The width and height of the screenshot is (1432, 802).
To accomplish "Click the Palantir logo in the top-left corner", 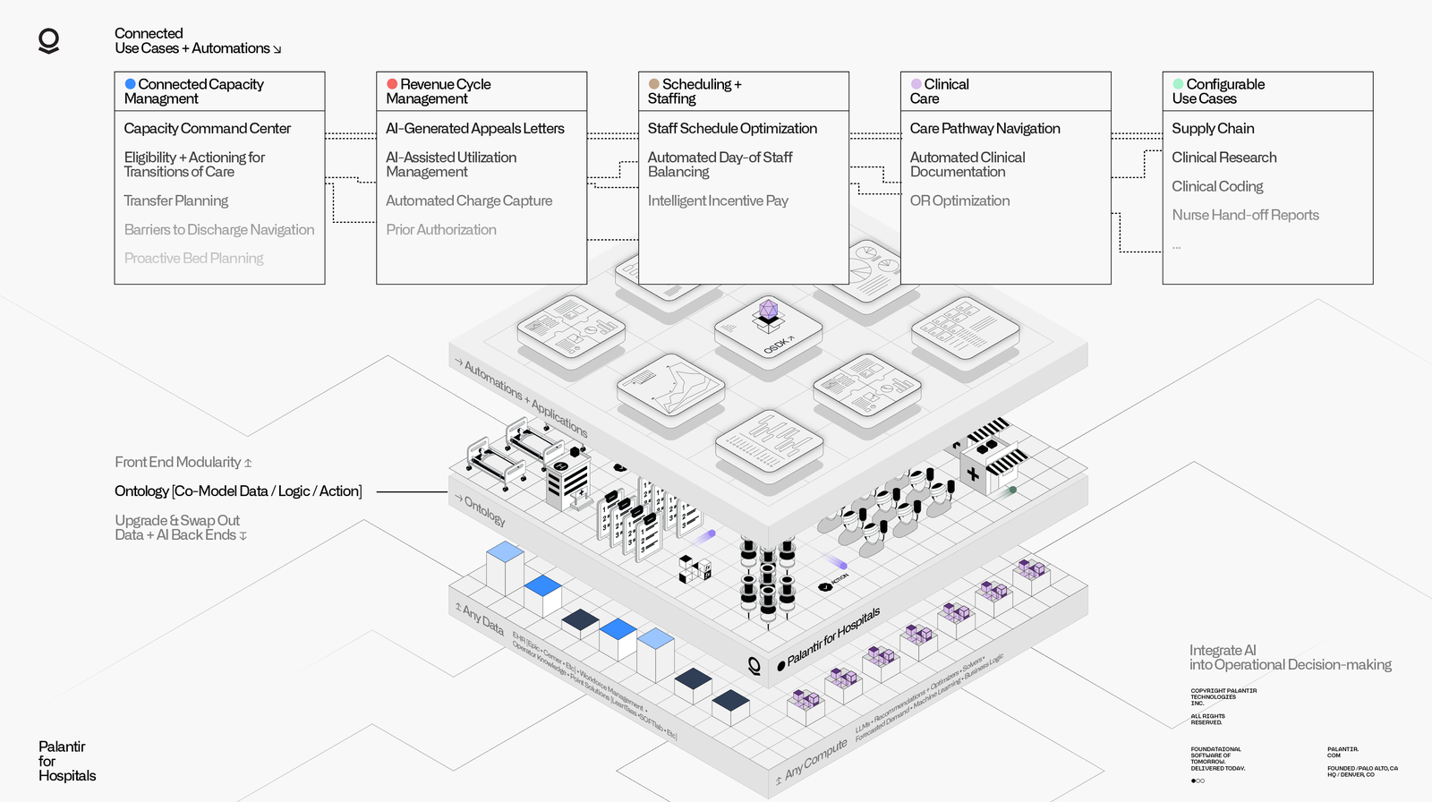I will (49, 41).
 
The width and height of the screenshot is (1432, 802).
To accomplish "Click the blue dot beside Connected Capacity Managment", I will (130, 84).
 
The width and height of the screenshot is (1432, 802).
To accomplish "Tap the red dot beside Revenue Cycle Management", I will (392, 84).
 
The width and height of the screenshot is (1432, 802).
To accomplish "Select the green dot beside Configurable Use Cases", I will (1178, 84).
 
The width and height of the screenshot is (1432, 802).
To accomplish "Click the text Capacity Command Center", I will (207, 129).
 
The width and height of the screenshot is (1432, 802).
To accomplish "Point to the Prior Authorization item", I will (440, 230).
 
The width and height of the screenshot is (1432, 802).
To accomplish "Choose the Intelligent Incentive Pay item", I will (718, 201).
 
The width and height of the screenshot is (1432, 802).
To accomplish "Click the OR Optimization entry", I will (959, 201).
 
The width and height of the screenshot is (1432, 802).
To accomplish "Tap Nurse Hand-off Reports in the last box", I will (1245, 216).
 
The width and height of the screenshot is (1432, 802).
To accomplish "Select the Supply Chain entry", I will (1213, 129).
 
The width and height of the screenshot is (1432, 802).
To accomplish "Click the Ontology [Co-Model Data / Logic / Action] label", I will (238, 491).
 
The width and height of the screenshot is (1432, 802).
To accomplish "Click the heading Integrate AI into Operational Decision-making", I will (1289, 658).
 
